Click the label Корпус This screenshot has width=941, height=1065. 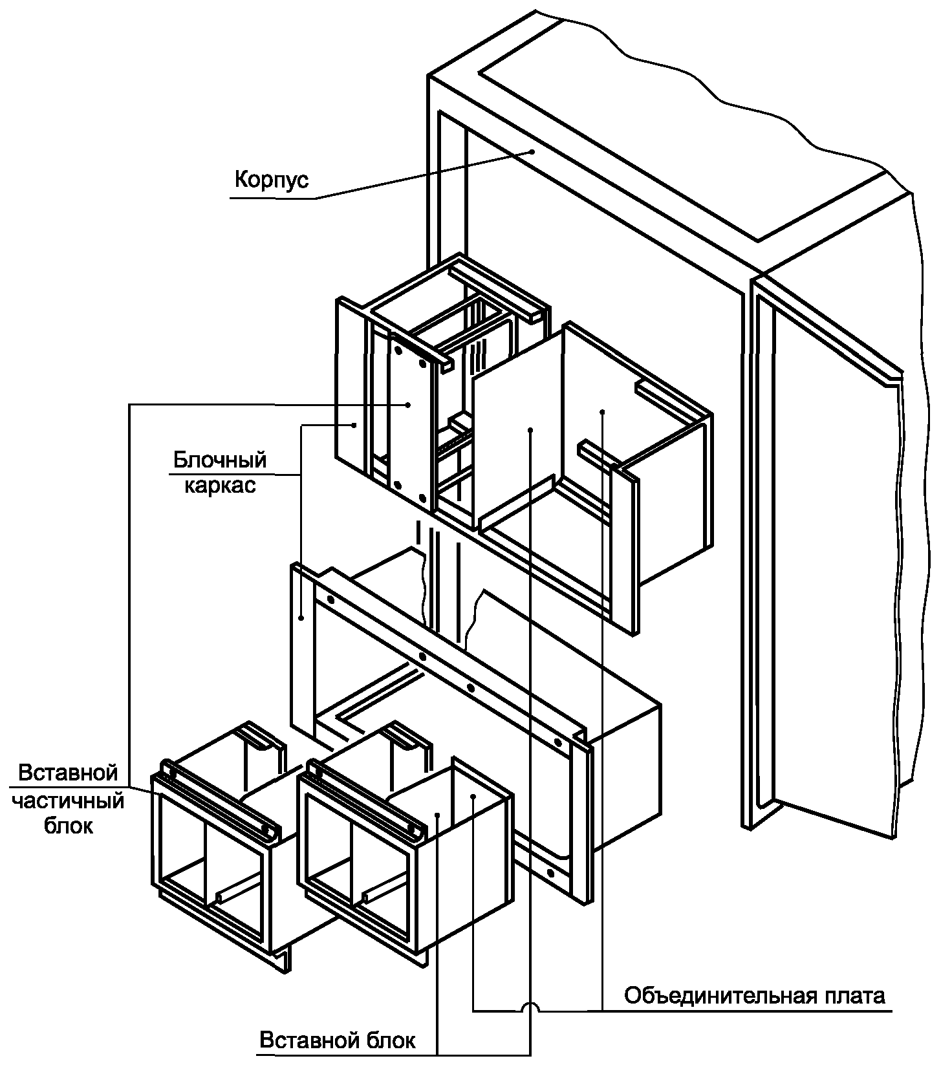(271, 178)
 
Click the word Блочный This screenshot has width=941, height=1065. (220, 460)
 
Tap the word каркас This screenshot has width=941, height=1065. (220, 485)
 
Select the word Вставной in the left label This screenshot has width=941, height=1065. (68, 773)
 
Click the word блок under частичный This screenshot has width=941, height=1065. (69, 826)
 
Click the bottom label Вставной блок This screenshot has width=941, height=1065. (338, 1040)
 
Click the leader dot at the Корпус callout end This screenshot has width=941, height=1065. (532, 151)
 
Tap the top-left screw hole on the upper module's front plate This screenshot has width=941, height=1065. (398, 350)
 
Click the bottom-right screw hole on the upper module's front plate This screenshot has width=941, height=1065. (423, 498)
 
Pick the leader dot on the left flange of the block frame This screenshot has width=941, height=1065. (302, 618)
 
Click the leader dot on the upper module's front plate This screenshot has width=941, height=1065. (409, 405)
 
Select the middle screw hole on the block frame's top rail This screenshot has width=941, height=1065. (422, 657)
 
